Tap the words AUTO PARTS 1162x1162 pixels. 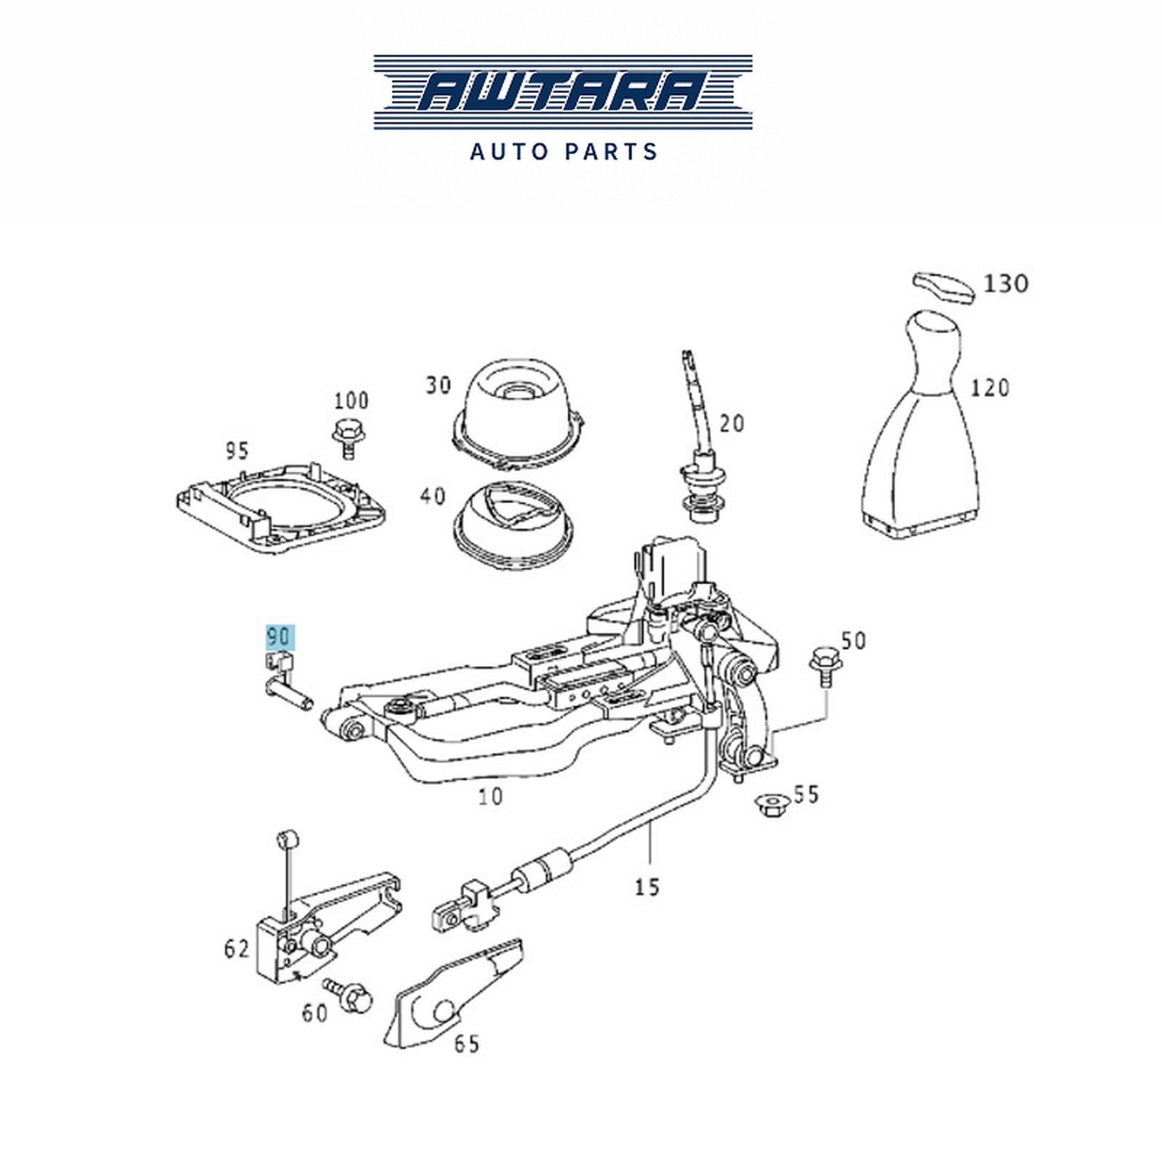click(564, 151)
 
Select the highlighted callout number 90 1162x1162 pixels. click(277, 637)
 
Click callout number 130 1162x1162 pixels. click(1006, 283)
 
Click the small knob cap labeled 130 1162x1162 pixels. click(943, 286)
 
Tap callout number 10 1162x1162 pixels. click(491, 796)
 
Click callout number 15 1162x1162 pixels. click(647, 886)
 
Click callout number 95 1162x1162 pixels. click(236, 450)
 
